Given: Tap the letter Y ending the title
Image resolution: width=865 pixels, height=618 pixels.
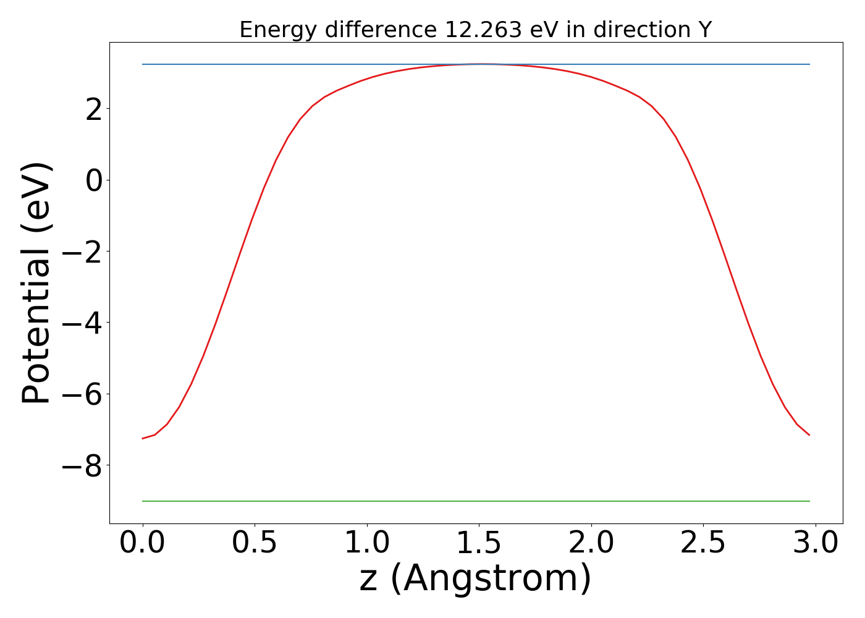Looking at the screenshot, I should click(x=705, y=30).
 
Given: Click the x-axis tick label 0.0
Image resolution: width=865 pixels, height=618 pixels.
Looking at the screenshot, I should click(x=143, y=543).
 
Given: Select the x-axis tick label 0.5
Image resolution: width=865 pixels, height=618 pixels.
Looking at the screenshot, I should click(x=255, y=543).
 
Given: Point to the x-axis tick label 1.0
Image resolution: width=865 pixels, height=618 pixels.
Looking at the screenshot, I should click(x=367, y=543).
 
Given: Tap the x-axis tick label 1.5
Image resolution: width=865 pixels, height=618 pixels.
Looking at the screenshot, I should click(x=479, y=543).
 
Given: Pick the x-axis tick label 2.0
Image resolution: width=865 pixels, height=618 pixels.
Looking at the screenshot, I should click(x=591, y=543).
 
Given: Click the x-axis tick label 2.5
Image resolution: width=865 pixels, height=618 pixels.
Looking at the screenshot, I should click(x=703, y=543).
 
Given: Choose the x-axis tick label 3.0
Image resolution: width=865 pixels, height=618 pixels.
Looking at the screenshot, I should click(x=816, y=543).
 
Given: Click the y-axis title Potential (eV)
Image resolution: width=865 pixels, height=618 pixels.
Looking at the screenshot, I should click(x=37, y=283).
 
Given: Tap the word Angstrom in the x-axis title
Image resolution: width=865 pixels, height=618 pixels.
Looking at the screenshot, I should click(x=491, y=579).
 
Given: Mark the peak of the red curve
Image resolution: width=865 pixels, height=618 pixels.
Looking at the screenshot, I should click(x=481, y=64).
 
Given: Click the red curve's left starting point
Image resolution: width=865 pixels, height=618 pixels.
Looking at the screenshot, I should click(x=143, y=439).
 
